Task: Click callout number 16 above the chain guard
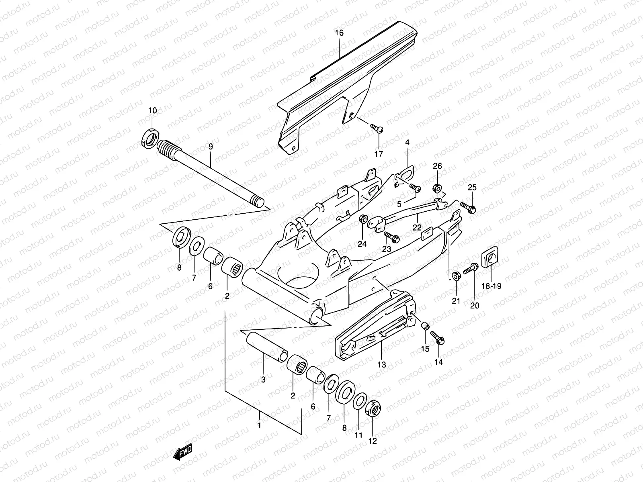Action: click(339, 33)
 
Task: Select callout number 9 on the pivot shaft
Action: click(210, 147)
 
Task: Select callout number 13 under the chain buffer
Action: click(381, 365)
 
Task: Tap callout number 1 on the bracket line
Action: click(259, 425)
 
